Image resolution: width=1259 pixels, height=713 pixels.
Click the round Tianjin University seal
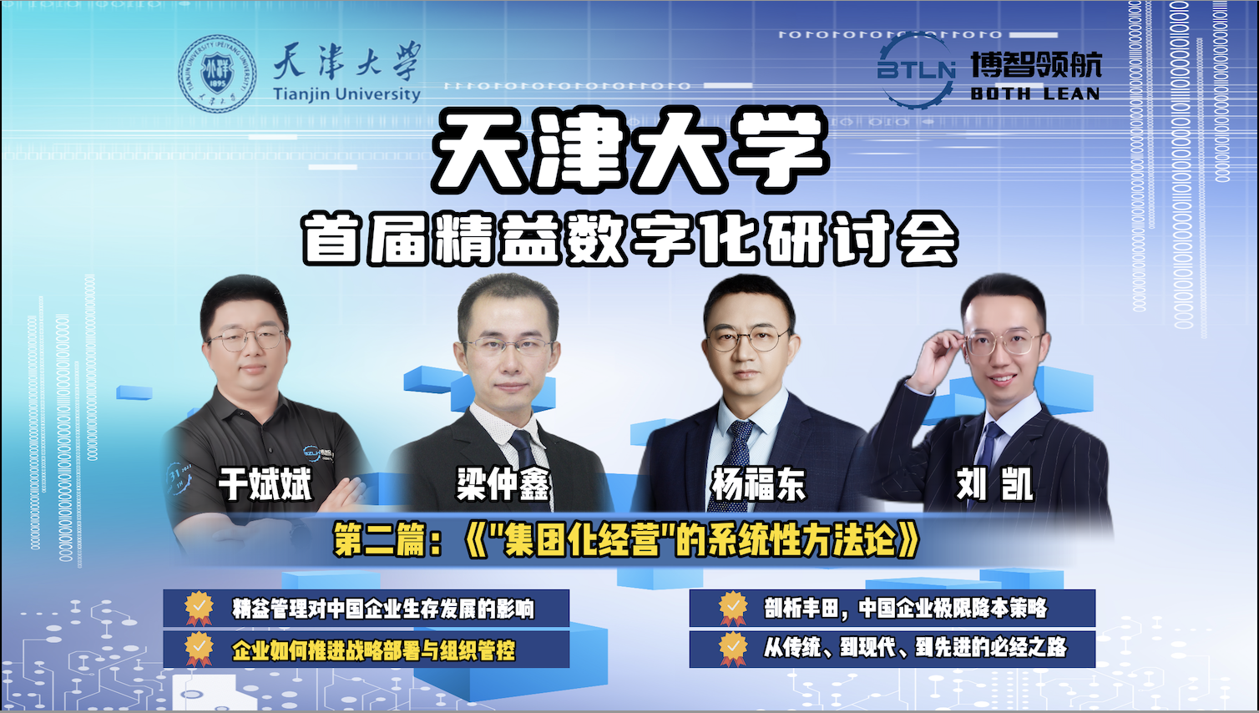[x=218, y=73]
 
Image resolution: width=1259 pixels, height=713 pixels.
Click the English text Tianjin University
[x=346, y=94]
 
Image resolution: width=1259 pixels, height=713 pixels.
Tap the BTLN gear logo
[x=916, y=70]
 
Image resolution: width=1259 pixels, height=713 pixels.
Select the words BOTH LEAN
[x=1035, y=94]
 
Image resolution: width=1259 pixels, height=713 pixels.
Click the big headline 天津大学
[x=630, y=149]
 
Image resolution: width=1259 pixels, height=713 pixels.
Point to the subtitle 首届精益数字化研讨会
[x=630, y=238]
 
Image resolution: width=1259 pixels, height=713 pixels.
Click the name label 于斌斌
[x=265, y=483]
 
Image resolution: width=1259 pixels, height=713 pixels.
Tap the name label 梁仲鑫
[x=503, y=483]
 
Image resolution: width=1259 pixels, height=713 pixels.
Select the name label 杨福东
[x=759, y=483]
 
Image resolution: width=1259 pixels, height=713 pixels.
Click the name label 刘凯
[x=995, y=483]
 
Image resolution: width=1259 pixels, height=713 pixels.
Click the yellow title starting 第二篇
[x=627, y=539]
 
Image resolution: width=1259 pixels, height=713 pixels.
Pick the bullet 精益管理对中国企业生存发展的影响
[x=382, y=609]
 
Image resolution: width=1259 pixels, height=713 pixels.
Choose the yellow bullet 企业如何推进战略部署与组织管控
[x=373, y=650]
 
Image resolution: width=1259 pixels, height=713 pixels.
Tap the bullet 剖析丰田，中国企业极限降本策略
[x=906, y=608]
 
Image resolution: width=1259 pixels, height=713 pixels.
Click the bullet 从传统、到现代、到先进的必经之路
[x=915, y=647]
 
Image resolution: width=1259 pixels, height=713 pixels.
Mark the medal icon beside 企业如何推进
[x=199, y=650]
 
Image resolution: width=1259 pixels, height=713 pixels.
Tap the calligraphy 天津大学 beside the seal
[x=346, y=60]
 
